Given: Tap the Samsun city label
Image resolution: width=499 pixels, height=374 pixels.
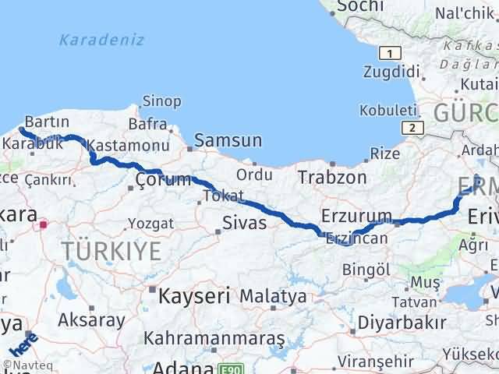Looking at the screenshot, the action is point(228,141).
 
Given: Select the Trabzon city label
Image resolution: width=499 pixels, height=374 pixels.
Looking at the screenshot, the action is point(332,177).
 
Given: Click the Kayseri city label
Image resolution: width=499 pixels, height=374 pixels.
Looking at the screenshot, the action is point(193,295).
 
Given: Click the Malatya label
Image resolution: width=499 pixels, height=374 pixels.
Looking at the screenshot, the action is point(273,296).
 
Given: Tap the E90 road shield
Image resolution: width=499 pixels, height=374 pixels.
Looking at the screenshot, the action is point(226,369).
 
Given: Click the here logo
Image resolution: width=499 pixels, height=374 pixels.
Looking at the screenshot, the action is point(24,343).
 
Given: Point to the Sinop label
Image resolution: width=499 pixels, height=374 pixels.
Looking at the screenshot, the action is point(161,101).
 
